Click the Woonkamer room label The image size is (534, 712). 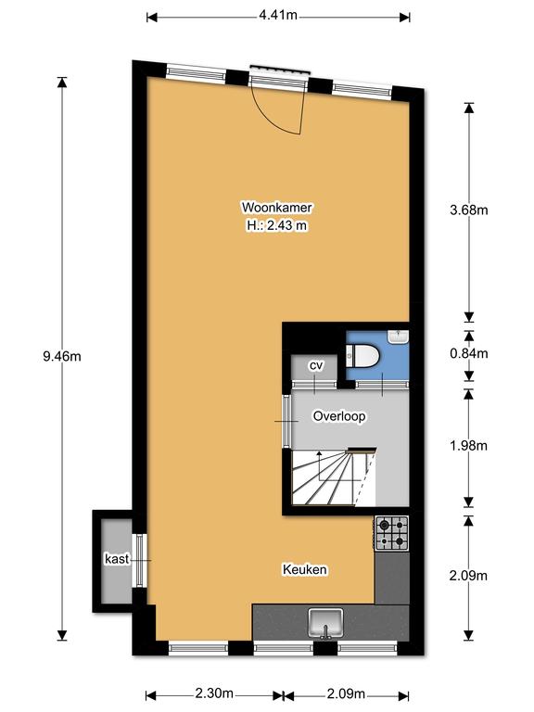(276, 208)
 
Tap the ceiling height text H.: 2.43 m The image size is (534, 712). (277, 225)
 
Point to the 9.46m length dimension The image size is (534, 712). (62, 356)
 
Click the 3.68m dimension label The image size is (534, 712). (468, 210)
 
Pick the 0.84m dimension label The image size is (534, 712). (468, 353)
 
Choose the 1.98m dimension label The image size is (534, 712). (468, 445)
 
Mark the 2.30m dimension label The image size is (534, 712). (214, 693)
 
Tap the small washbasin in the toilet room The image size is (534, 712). (398, 337)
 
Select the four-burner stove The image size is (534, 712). (391, 533)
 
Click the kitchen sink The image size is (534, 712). (325, 623)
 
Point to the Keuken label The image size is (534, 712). (305, 569)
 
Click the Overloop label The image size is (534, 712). (339, 416)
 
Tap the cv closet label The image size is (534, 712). (315, 365)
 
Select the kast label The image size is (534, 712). (117, 558)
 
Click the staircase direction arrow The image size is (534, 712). (319, 466)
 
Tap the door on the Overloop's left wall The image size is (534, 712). (286, 422)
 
